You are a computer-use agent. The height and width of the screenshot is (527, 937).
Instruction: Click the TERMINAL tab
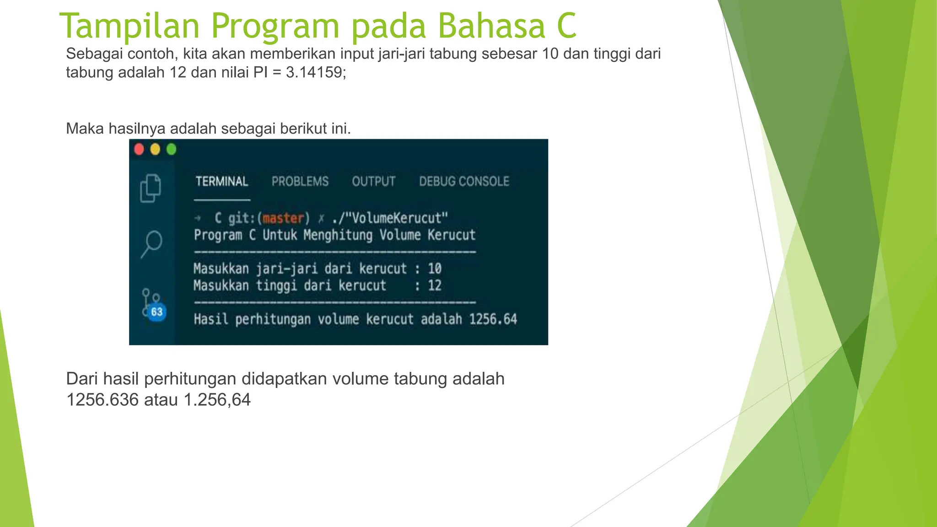point(222,182)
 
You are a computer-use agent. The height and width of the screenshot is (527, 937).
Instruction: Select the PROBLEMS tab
point(300,182)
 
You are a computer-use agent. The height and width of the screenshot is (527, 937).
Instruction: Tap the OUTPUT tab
point(373,182)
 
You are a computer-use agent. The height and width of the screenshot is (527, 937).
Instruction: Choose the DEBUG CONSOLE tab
point(464,182)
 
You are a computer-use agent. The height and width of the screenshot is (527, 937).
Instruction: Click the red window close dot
point(139,150)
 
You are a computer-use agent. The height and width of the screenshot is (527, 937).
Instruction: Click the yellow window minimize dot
point(155,150)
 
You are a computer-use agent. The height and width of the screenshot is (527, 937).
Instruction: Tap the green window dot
point(171,150)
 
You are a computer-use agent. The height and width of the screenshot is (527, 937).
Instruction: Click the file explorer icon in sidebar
point(151,188)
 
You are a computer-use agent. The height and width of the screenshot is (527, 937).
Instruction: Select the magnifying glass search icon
point(151,243)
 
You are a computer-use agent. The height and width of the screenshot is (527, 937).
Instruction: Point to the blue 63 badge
point(157,312)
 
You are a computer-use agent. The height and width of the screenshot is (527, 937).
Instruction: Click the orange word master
point(283,218)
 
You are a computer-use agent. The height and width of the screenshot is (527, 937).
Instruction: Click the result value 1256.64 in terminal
point(493,319)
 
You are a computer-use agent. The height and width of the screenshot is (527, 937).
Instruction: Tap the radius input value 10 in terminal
point(434,268)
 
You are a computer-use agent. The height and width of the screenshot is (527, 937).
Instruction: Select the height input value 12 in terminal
point(434,285)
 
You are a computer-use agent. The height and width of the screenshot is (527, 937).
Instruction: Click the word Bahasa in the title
point(491,26)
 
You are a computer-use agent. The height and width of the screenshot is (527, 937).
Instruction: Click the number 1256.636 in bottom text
point(102,400)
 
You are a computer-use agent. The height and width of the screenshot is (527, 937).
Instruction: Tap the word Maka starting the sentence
point(85,129)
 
